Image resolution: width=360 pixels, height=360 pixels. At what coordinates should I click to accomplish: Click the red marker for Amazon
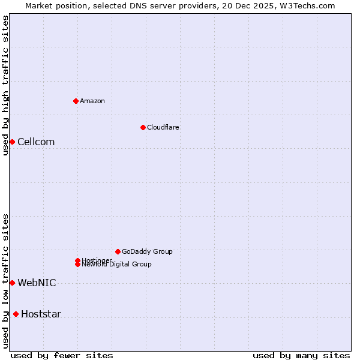coord(76,101)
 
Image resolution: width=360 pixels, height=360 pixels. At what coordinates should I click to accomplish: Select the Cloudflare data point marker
coord(143,127)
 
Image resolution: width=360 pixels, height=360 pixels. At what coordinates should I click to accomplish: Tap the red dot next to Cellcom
coord(12,142)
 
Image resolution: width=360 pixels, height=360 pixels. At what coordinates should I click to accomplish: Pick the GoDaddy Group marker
coord(118,251)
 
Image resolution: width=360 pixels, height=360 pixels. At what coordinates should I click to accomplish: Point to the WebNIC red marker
coord(12,283)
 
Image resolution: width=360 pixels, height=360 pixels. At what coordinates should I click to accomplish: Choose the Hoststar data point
coord(16,314)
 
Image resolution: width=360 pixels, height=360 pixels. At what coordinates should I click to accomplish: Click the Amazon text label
coord(92,101)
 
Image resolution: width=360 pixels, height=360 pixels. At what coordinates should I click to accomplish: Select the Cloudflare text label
coord(163,127)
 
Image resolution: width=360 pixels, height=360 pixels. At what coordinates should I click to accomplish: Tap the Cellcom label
coord(36,142)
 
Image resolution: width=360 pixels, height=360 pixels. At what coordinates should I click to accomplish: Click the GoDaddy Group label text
coord(147,251)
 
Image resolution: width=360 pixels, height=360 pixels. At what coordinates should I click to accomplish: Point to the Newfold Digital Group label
coord(117,265)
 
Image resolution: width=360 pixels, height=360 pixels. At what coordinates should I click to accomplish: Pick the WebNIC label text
coord(37,283)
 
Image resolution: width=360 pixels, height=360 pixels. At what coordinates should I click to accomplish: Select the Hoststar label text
coord(41,314)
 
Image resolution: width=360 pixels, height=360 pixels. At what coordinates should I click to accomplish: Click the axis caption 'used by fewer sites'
coord(62,355)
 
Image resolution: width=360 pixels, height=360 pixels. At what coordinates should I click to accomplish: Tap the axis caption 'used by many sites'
coord(301,355)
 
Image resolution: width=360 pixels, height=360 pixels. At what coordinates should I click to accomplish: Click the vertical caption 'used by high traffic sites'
coord(5,85)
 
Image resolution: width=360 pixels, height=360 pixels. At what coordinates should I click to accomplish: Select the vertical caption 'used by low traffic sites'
coord(5,281)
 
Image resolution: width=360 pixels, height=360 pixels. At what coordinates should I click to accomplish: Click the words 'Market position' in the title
coord(55,5)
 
